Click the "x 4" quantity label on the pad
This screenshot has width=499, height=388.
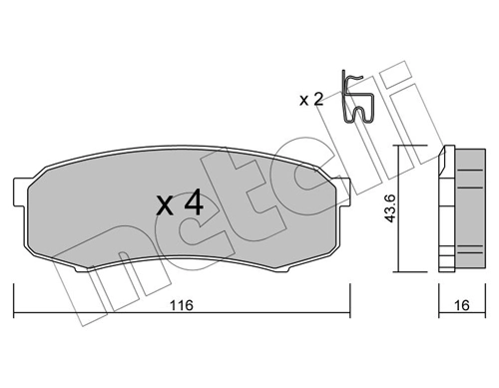coord(180,204)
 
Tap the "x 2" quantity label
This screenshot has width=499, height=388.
coord(312,98)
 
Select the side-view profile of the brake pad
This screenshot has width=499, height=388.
coord(461,208)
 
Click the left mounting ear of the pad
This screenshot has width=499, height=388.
coord(22,190)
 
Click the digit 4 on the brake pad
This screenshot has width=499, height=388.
coord(194,204)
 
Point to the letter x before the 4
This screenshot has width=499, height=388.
coord(165,207)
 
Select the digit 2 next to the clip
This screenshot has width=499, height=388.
coord(318,98)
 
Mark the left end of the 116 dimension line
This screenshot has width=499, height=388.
coord(13,288)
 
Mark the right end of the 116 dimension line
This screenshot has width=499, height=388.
coord(349,288)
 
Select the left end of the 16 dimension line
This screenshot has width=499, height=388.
coord(441,288)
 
